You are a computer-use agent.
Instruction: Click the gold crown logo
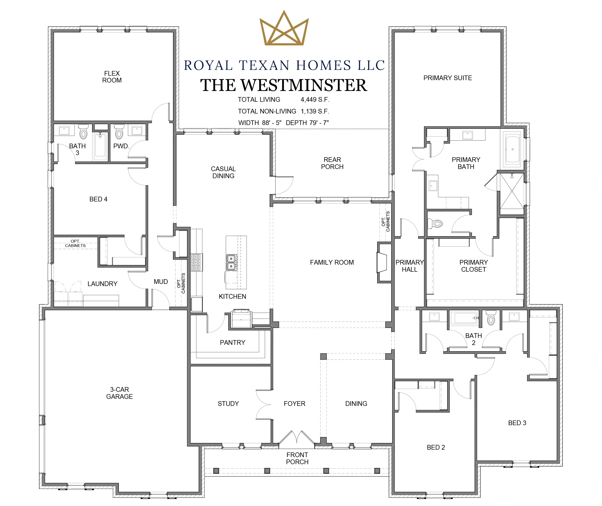pyautogui.click(x=284, y=29)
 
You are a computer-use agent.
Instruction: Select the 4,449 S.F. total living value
pyautogui.click(x=315, y=100)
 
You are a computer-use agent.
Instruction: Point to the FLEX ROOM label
pyautogui.click(x=112, y=77)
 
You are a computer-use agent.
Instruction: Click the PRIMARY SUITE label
pyautogui.click(x=448, y=78)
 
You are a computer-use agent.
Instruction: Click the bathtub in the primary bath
pyautogui.click(x=512, y=149)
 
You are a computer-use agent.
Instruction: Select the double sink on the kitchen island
pyautogui.click(x=231, y=263)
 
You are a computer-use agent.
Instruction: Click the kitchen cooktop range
pyautogui.click(x=197, y=263)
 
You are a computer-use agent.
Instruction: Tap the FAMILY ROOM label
pyautogui.click(x=332, y=263)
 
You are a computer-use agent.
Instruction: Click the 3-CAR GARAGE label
pyautogui.click(x=119, y=393)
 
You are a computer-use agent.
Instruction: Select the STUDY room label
pyautogui.click(x=228, y=404)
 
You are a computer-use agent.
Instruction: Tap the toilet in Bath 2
pyautogui.click(x=491, y=318)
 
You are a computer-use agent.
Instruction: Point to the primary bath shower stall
pyautogui.click(x=512, y=191)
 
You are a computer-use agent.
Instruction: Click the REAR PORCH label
pyautogui.click(x=332, y=163)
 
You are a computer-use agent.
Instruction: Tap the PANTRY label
pyautogui.click(x=232, y=342)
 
